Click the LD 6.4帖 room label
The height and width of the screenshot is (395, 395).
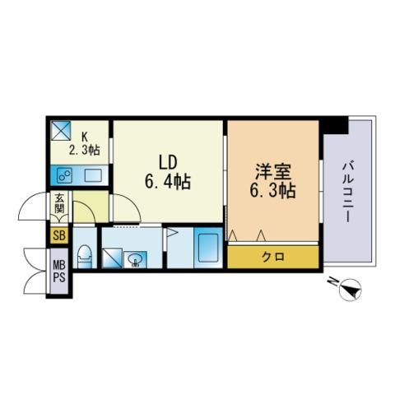(x=168, y=172)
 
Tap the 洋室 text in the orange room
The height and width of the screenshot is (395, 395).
(x=272, y=172)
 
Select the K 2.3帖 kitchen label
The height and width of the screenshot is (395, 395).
(x=85, y=144)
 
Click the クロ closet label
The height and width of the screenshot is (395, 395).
(x=273, y=257)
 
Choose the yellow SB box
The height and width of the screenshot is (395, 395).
(x=59, y=235)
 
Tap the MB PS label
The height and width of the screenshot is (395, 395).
(x=59, y=272)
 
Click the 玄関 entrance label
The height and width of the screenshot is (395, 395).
(x=59, y=203)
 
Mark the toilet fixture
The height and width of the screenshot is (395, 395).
(x=85, y=256)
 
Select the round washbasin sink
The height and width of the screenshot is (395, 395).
(x=135, y=259)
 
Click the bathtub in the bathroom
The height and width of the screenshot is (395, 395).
(x=208, y=248)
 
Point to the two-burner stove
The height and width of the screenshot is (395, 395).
(x=64, y=175)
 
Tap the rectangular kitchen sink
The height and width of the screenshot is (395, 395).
(x=93, y=175)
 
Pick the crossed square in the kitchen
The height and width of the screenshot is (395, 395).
(x=60, y=131)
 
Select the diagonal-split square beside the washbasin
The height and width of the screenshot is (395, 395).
(x=112, y=258)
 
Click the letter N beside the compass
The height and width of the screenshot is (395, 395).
(x=332, y=281)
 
